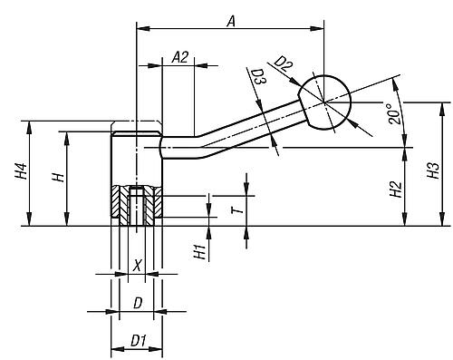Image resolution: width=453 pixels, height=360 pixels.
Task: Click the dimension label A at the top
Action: [231, 22]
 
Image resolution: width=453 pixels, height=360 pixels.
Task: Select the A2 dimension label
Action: [180, 57]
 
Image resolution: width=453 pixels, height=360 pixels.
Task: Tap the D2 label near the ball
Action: [284, 64]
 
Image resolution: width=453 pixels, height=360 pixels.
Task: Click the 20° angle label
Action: [394, 113]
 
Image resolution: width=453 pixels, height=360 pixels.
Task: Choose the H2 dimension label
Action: [396, 190]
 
